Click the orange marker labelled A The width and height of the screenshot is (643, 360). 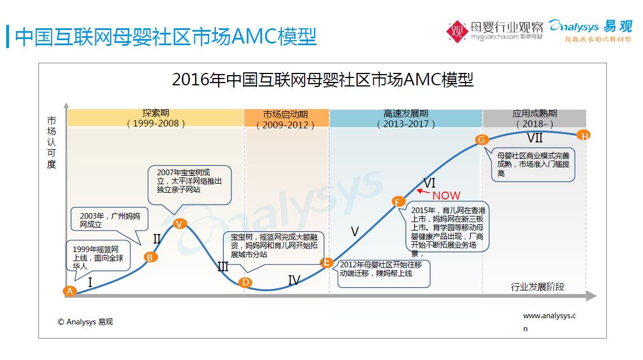pos(69,291)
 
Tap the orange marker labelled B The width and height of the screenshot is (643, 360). pos(150,258)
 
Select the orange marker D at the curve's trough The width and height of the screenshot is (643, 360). pos(245,282)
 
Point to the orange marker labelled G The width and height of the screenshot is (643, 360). pos(481,140)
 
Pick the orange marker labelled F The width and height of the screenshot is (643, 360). pos(397,202)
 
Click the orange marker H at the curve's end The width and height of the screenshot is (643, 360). pos(584,135)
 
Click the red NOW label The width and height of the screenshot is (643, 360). pos(446,196)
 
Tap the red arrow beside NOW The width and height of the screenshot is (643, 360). pos(423,192)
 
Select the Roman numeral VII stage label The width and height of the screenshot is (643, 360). pos(535,138)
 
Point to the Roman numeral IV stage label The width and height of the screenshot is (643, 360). pos(294,280)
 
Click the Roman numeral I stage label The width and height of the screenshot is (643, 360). pos(90,282)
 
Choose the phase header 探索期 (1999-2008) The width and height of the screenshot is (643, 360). pos(156,118)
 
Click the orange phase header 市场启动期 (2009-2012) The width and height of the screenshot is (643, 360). pos(286,119)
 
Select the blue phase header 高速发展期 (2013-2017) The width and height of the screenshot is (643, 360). pos(406,119)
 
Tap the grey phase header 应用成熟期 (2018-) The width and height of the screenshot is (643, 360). pos(535,119)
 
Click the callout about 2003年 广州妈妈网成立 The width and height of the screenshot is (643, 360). pos(110,220)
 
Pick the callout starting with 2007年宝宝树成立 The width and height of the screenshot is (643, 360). pos(189,185)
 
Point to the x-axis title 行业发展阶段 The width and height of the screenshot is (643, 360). pos(537,287)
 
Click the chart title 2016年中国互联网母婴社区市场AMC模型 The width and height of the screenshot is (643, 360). pos(323,80)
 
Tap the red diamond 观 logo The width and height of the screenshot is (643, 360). pos(457,32)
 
